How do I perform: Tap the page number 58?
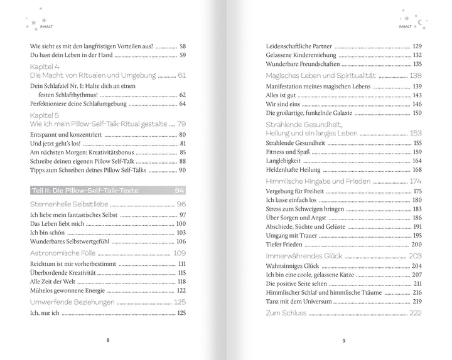click(183, 46)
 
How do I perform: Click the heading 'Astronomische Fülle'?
click(64, 253)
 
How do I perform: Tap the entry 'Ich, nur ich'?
click(45, 313)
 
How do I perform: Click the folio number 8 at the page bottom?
click(109, 340)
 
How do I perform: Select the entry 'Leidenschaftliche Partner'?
click(299, 46)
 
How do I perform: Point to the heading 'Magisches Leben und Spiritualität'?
click(322, 75)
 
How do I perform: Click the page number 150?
click(416, 113)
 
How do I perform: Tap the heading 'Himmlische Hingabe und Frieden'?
click(317, 181)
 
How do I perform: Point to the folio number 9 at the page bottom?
click(344, 341)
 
